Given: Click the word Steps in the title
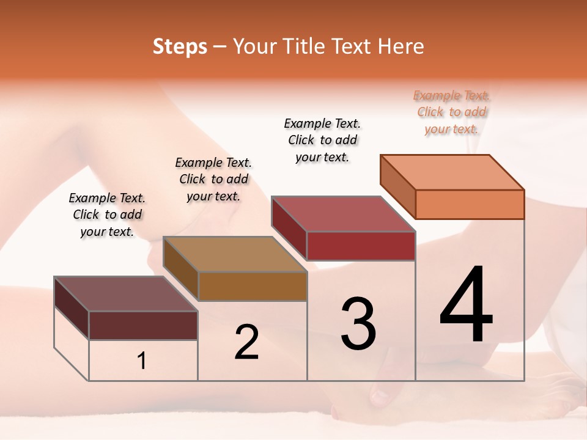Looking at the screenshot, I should tap(180, 46).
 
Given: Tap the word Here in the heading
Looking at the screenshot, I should tap(401, 46).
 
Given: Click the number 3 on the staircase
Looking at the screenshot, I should tap(358, 324).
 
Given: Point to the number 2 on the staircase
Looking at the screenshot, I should tap(246, 342).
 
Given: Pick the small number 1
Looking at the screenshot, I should tap(142, 361).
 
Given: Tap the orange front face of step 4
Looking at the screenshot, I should tap(470, 204).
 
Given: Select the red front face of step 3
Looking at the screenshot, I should tap(361, 246).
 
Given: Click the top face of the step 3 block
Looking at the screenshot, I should tap(342, 214).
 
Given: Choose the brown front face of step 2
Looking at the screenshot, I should tap(252, 286).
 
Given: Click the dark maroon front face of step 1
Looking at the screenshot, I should tap(143, 325).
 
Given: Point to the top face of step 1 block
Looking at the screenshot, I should tap(125, 293).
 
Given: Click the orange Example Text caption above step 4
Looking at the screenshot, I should tap(451, 112).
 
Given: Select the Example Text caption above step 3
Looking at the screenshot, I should tap(322, 140).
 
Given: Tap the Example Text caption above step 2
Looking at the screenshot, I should tap(213, 179).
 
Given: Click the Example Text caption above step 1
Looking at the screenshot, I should tap(107, 215).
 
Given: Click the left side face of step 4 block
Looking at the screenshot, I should tap(398, 186).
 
